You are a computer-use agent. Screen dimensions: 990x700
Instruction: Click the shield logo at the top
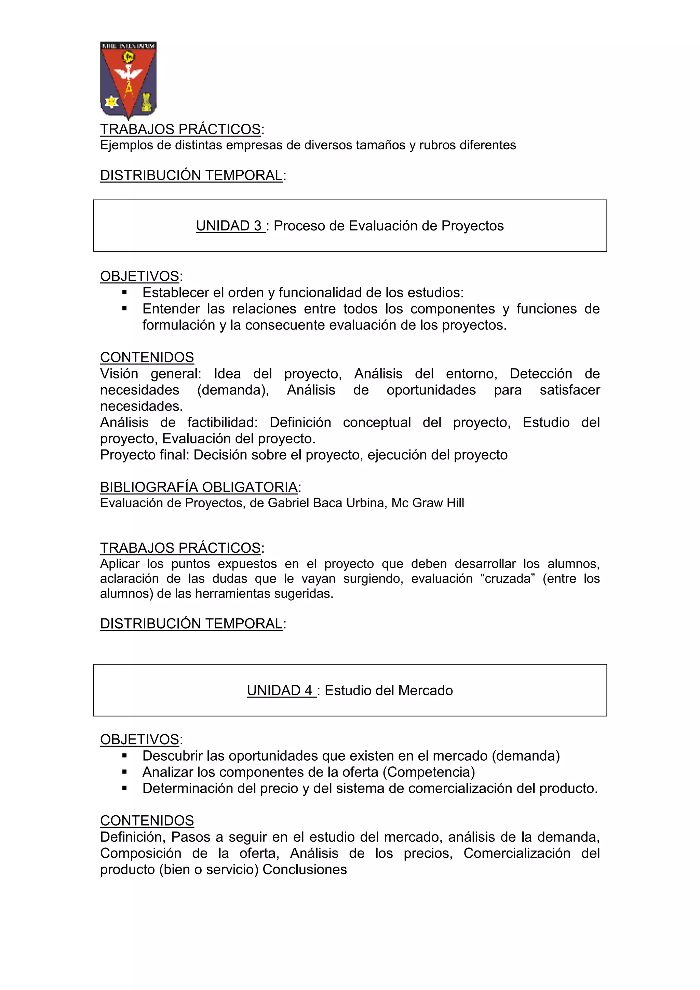pos(128,79)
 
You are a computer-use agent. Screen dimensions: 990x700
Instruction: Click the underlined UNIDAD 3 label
pos(230,226)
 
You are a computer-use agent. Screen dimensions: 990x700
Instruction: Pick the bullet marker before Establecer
pos(124,292)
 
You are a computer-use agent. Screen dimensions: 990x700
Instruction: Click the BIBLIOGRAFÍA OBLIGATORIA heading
pos(199,487)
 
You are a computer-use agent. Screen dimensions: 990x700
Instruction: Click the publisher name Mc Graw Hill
pos(428,503)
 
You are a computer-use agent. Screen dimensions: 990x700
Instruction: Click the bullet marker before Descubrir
pos(124,756)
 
